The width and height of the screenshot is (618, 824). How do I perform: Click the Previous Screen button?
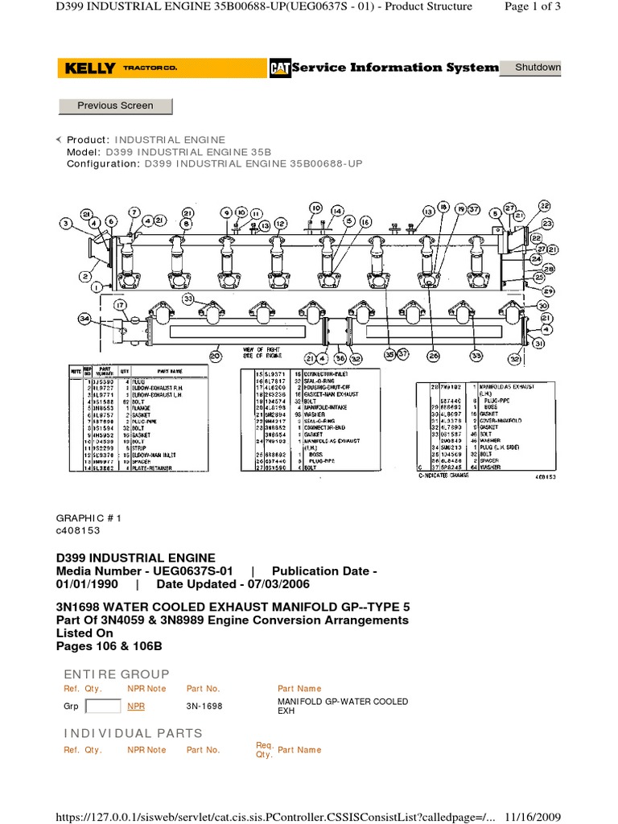coord(115,105)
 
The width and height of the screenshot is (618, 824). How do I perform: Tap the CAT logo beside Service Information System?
coord(279,68)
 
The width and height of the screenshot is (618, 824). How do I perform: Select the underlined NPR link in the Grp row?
coord(136,707)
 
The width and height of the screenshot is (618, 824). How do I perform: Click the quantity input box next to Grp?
coord(102,707)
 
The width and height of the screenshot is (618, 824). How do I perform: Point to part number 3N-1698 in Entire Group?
coord(204,707)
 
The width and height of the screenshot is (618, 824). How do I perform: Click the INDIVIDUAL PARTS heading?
coord(133,733)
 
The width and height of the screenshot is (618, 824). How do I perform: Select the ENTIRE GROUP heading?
coord(116,674)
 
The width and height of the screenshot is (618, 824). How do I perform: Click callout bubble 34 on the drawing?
coord(85,319)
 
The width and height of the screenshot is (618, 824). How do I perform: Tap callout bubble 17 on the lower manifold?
coord(120,305)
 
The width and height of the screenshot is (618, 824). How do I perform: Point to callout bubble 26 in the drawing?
coord(434,354)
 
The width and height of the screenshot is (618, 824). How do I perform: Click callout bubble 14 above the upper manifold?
coord(336,211)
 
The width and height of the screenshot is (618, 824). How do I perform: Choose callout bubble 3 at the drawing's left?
coord(66,223)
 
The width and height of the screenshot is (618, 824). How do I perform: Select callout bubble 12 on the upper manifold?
coord(279,223)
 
